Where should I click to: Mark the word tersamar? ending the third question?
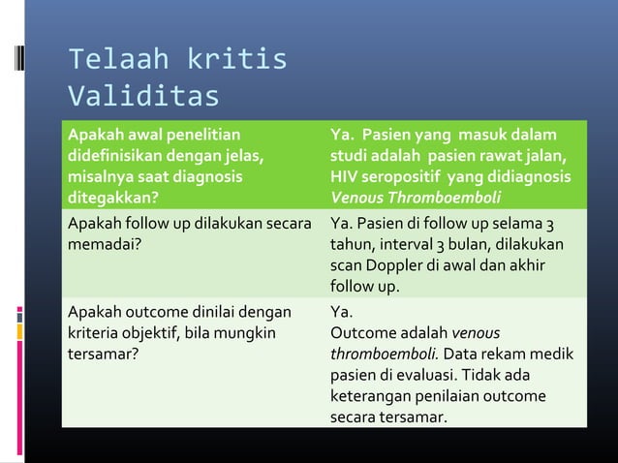coord(102,355)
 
